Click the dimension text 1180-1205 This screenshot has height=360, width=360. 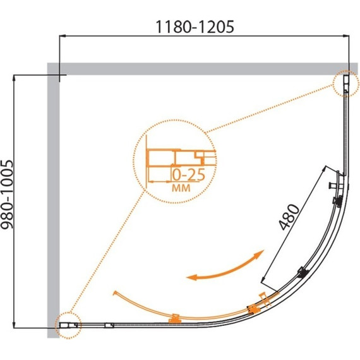[195, 27]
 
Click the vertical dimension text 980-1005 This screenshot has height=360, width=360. [7, 195]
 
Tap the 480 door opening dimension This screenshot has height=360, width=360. [289, 217]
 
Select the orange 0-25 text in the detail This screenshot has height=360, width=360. [188, 175]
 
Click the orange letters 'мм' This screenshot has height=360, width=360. [181, 188]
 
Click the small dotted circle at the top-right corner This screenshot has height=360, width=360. [345, 83]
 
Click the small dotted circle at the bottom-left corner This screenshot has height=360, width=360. [68, 325]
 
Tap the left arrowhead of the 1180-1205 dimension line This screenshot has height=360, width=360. [63, 36]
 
